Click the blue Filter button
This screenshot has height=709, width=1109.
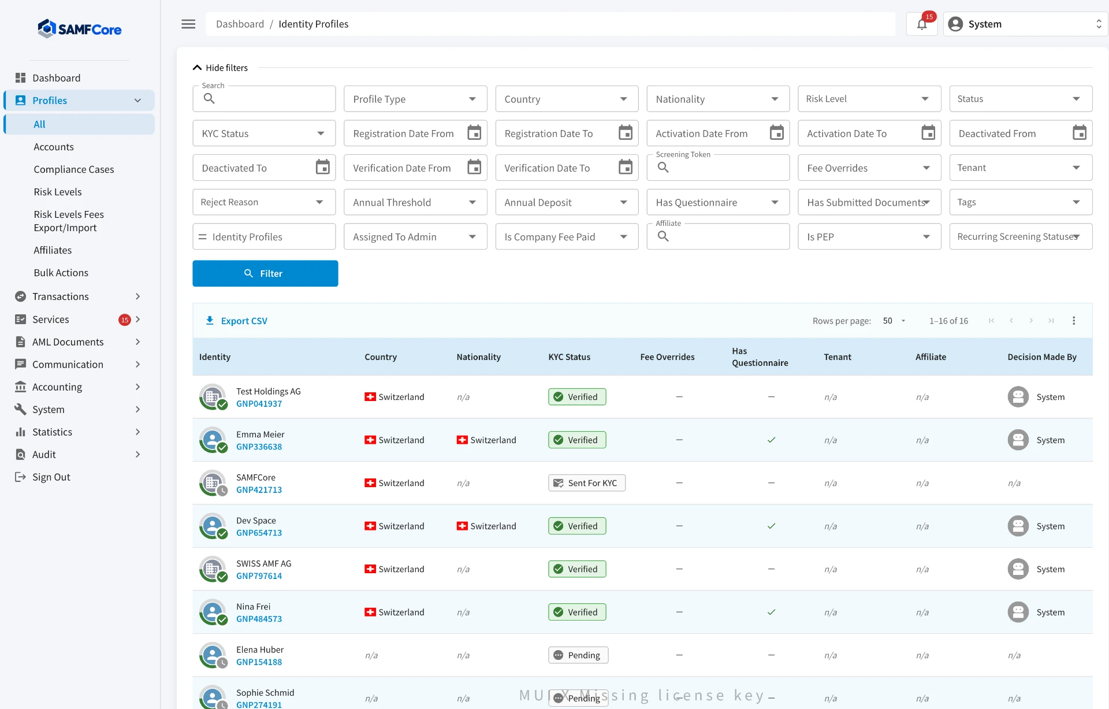[265, 273]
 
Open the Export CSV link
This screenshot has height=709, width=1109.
[237, 321]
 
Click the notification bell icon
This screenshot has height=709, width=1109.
[922, 24]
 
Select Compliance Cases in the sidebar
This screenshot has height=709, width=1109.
[74, 169]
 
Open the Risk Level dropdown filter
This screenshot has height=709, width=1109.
[869, 99]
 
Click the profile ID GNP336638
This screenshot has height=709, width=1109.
[259, 447]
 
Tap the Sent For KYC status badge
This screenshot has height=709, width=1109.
[587, 483]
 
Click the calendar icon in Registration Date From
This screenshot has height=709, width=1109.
[474, 133]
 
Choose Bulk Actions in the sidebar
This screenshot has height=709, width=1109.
[61, 273]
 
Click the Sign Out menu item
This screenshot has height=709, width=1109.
[51, 477]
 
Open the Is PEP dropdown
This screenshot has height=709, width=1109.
[869, 236]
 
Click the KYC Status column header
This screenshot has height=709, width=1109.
[570, 357]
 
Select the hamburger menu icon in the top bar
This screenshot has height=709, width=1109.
[188, 24]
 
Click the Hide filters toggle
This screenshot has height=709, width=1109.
[220, 68]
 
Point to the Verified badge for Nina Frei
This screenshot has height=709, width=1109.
[577, 612]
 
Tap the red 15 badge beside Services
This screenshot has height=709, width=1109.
[125, 320]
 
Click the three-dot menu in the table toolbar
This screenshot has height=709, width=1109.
[1074, 321]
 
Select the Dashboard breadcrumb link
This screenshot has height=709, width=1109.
[240, 24]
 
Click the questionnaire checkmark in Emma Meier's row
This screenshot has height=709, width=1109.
[771, 440]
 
